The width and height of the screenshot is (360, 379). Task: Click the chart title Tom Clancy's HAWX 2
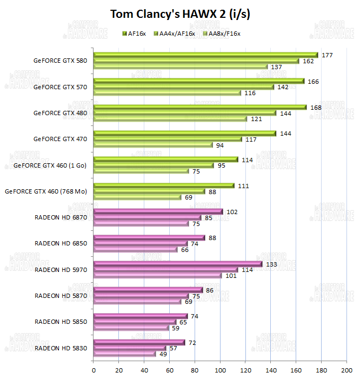click(179, 14)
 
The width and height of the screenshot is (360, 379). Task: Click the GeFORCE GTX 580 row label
click(60, 61)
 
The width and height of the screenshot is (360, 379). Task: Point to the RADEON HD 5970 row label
click(61, 269)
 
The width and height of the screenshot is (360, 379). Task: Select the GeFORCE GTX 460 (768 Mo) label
click(46, 191)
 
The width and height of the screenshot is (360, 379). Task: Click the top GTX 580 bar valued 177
click(205, 55)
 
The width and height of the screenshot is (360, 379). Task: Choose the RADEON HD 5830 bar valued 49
click(124, 354)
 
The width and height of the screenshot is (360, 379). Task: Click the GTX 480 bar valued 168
click(200, 107)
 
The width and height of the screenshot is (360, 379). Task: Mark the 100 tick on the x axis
click(220, 370)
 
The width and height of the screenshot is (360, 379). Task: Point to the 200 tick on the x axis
click(346, 370)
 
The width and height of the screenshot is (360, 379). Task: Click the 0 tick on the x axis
click(94, 370)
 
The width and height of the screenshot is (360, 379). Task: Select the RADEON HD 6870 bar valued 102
click(158, 212)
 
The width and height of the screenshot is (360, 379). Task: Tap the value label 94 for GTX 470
click(219, 145)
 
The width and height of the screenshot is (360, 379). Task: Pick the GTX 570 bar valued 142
click(184, 87)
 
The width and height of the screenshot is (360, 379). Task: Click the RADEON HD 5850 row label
click(61, 322)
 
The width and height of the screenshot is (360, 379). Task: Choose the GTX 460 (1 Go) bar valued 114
click(165, 159)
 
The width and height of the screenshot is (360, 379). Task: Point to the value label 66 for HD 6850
click(184, 249)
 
